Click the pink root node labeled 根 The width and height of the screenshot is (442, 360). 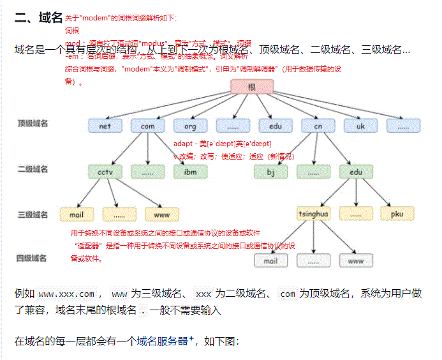coord(252,87)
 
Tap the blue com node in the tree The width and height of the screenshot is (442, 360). coord(147,126)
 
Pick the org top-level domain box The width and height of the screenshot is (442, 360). coord(190,126)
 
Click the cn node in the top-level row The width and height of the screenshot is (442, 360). coord(318,126)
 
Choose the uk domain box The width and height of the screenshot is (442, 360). coord(360,126)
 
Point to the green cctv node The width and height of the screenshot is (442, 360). coord(105,171)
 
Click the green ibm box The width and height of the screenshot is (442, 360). coord(190,171)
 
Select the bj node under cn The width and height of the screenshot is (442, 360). coord(270,171)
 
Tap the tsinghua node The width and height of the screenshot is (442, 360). coord(314,214)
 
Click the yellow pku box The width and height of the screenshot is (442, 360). coord(397,214)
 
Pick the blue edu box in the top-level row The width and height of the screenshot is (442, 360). coord(276,126)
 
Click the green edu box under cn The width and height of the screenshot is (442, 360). coord(355,171)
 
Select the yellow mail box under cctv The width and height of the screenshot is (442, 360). coord(77,214)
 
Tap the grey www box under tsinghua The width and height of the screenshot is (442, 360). coord(355,260)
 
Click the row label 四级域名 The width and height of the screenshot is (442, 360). coord(32,258)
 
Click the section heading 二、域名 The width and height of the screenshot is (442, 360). coord(38,17)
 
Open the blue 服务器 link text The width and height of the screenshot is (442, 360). coord(172,341)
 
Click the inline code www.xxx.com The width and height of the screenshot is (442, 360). coord(66,294)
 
